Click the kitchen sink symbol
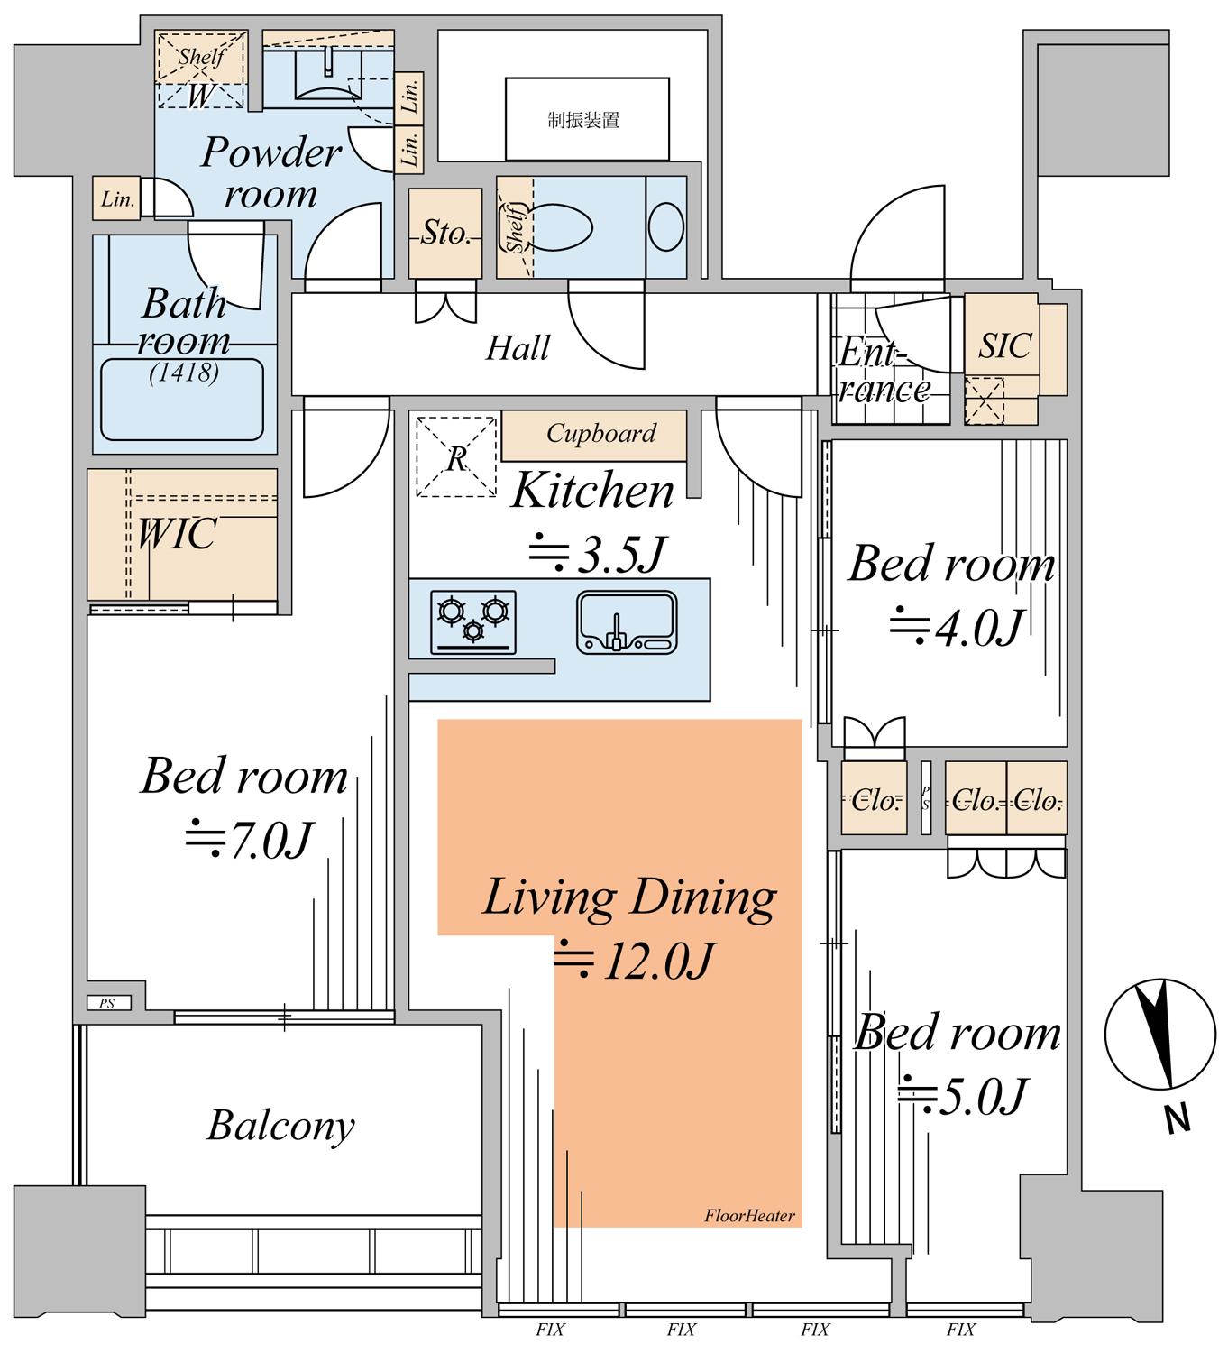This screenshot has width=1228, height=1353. (x=627, y=622)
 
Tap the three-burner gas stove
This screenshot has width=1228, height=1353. (x=473, y=622)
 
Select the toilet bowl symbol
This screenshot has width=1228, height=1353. (x=563, y=227)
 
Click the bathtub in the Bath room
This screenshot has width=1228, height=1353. (x=182, y=400)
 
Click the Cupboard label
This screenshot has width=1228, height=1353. (x=600, y=434)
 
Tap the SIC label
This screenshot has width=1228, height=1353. (x=1004, y=346)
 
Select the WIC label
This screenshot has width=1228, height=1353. (x=178, y=534)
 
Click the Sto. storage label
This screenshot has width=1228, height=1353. (x=445, y=234)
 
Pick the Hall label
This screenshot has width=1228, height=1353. (x=518, y=348)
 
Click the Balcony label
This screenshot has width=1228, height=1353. (x=280, y=1126)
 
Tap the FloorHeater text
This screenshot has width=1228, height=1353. (x=749, y=1216)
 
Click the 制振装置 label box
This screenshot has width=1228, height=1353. (x=587, y=119)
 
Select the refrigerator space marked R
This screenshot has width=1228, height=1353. (x=456, y=457)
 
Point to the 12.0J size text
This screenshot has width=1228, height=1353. (x=634, y=961)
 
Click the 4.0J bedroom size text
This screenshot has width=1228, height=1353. (x=957, y=627)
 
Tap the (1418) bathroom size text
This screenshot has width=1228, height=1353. (x=184, y=373)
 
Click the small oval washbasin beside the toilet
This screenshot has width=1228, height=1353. (x=665, y=226)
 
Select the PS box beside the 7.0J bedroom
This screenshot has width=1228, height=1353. (x=108, y=1003)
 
